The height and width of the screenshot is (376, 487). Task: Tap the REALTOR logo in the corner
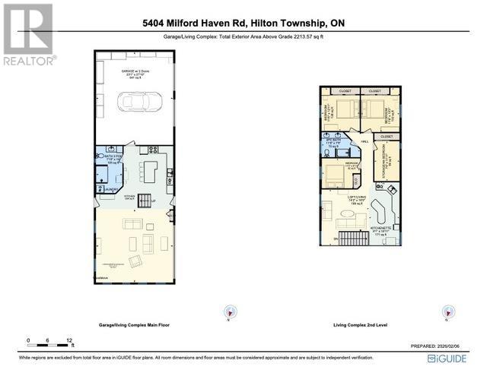[x=28, y=33]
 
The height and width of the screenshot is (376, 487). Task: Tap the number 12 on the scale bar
[x=69, y=340]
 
